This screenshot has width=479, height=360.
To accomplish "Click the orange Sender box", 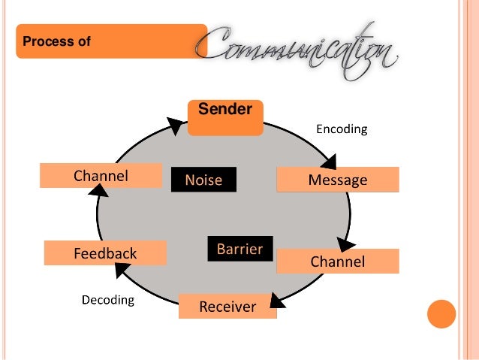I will (225, 117).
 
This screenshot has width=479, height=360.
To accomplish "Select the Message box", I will (338, 180).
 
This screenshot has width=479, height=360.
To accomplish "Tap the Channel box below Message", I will (338, 262).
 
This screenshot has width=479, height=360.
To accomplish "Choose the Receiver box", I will (227, 307).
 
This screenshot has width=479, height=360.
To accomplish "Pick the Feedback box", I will (104, 253).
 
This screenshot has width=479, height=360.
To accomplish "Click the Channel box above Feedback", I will (101, 176).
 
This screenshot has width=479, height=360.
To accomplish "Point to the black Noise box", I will (203, 180).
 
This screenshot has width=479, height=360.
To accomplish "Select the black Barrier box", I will (239, 249).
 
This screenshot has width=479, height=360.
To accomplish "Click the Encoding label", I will (342, 129).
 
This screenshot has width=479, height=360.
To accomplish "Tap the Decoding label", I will (107, 301).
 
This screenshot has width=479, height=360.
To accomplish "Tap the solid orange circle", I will (441, 315).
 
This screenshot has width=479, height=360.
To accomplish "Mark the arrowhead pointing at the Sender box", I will (176, 125).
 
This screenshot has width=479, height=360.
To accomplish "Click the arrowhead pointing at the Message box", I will (328, 162).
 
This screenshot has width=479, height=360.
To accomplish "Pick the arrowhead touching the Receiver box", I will (276, 300).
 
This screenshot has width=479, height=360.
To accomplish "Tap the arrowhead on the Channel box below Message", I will (346, 245).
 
